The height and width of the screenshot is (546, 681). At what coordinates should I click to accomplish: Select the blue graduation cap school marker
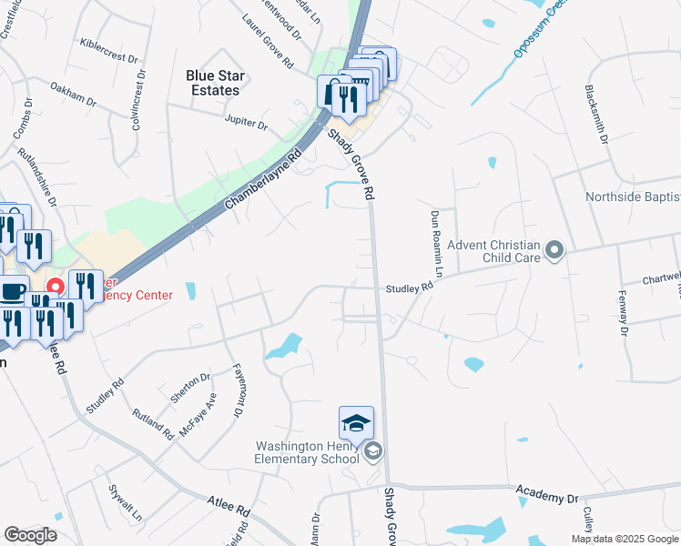coord(356,423)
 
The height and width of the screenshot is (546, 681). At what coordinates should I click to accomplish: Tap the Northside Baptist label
coord(633,197)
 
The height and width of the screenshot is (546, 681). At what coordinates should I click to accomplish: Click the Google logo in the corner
coord(30,535)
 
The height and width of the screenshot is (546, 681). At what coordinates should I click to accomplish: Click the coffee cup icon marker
coord(14,291)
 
